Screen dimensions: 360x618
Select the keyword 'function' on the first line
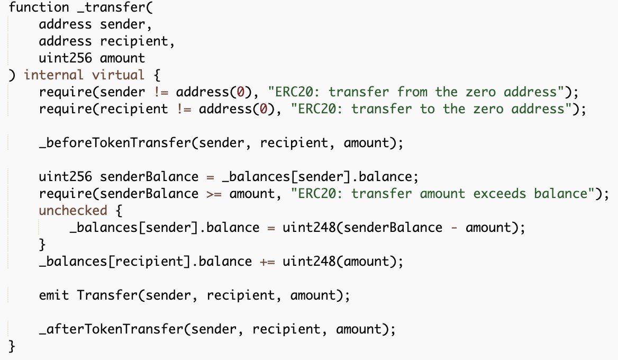tap(35, 8)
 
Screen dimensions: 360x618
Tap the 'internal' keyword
tap(53, 75)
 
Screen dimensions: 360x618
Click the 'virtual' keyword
tap(119, 75)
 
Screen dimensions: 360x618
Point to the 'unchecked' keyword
tap(73, 210)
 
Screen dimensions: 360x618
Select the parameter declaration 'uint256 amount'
tap(92, 58)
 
